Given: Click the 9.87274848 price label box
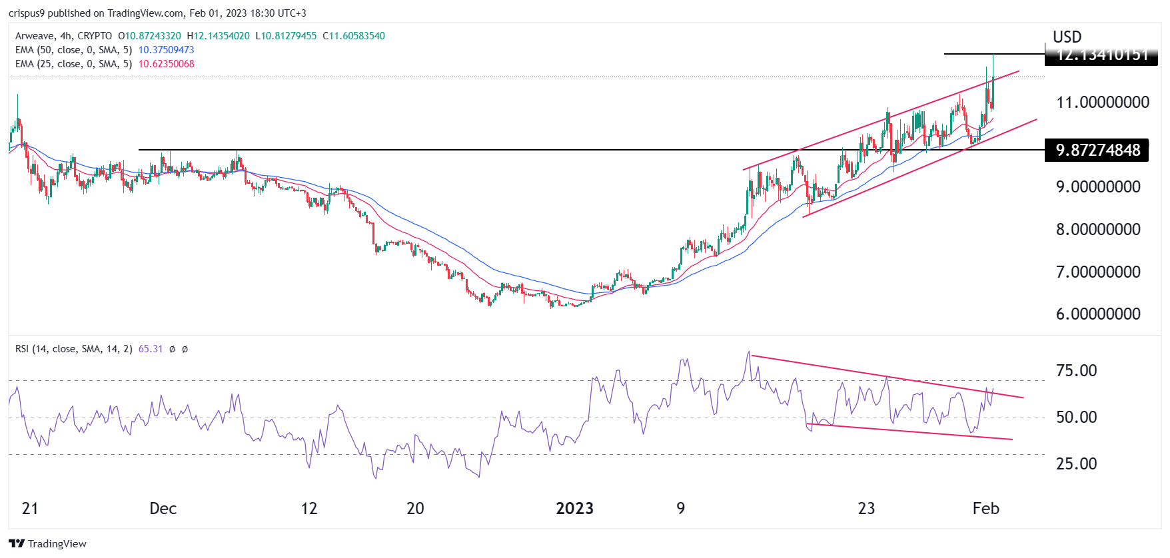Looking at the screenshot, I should coord(1097,150).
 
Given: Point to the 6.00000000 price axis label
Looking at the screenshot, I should coord(1098,314).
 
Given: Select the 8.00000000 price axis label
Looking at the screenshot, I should coord(1098,230).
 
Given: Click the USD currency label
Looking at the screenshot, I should coord(1067,37).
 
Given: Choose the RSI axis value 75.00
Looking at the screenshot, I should coord(1076,371).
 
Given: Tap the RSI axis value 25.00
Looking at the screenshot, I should coord(1076,464).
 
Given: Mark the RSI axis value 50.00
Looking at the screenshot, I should coord(1076,418).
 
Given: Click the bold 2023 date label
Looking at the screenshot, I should coord(574,509).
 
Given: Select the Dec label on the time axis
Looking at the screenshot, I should coord(163,509).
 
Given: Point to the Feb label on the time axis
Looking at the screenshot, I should coord(985,509).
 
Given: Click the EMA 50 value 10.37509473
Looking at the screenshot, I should coord(166,50).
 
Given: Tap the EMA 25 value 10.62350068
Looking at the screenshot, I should coord(166,64).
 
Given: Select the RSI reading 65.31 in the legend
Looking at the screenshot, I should coord(150,349).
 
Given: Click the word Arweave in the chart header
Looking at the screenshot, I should coord(35,36).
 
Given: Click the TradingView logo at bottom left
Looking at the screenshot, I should coord(48,544).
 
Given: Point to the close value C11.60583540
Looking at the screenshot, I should coord(353,36).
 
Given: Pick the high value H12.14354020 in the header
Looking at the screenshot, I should coord(218,36).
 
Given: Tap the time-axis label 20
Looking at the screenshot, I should coord(415,509).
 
